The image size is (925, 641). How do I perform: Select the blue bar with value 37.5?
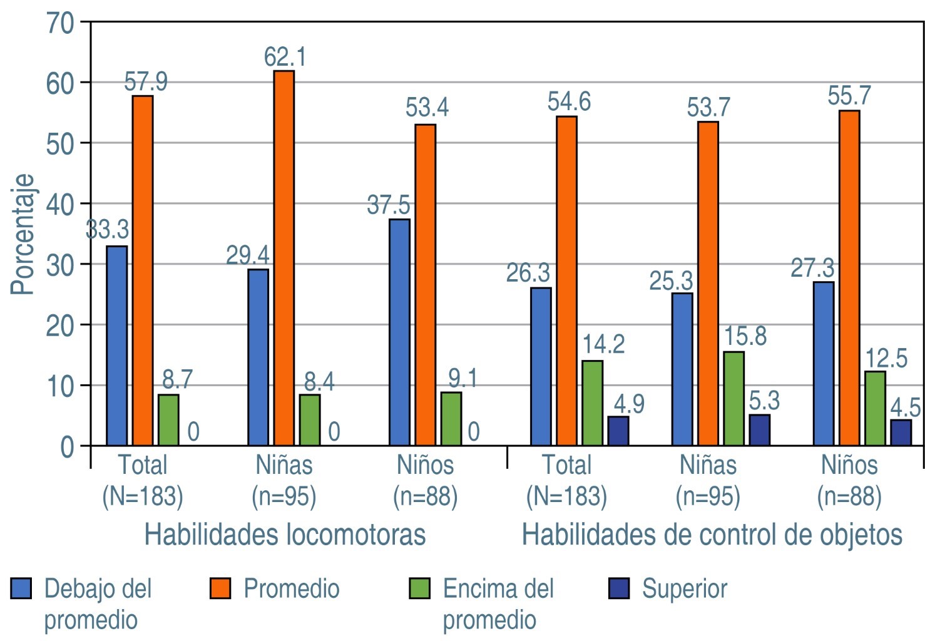pos(399,332)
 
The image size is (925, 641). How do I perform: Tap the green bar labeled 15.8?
pos(733,399)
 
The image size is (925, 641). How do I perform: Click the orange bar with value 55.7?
pos(849,278)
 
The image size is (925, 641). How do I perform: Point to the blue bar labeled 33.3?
pos(117,346)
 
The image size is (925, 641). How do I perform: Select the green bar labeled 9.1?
pos(451,419)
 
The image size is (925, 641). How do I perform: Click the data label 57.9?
pos(146,82)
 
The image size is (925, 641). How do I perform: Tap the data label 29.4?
pos(247,255)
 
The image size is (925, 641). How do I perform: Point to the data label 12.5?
pos(886,359)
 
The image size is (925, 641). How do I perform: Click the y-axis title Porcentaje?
pos(23,234)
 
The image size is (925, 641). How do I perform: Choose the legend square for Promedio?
pos(220,588)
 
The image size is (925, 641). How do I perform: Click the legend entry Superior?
pos(684,588)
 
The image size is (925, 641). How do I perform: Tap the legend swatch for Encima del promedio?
pos(419,588)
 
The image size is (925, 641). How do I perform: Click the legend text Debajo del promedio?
pos(97,604)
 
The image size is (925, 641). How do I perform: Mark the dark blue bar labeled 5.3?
pos(759,430)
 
